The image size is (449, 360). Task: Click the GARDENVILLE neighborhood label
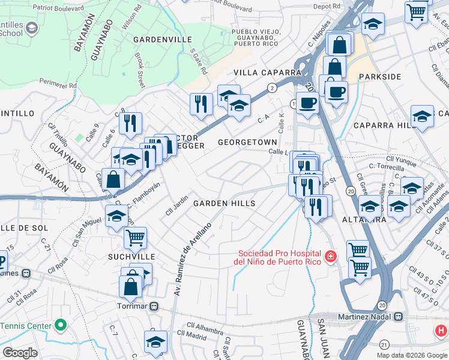149,39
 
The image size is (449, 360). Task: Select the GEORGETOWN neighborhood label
247,142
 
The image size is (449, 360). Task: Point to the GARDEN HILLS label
224,203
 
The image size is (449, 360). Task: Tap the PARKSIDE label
379,77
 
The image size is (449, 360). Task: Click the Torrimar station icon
154,306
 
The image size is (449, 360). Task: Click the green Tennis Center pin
60,326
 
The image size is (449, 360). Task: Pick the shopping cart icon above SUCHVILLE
135,237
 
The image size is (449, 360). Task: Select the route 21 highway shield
384,344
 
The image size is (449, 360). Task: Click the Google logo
20,353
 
